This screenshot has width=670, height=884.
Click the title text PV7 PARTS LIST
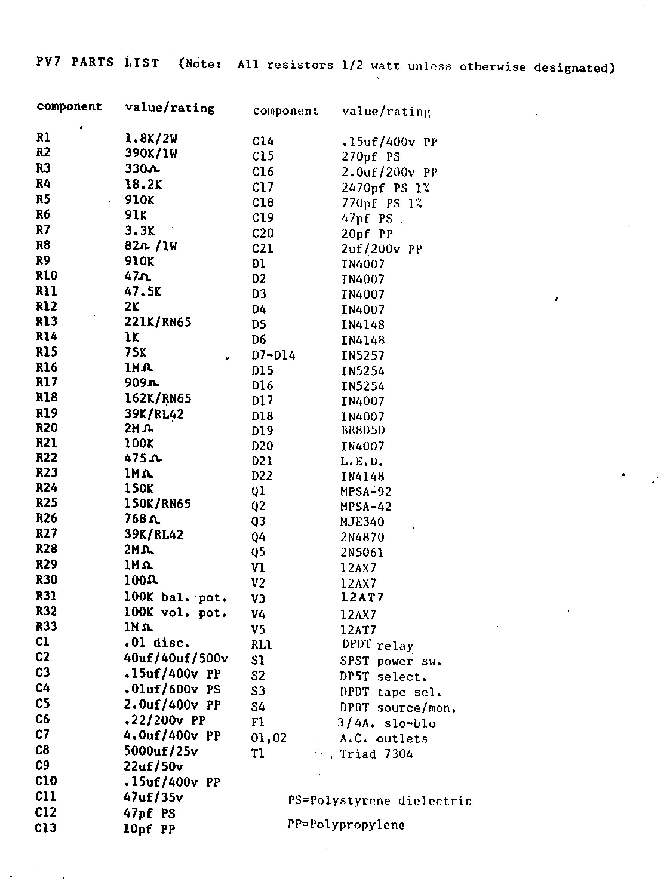pyautogui.click(x=97, y=62)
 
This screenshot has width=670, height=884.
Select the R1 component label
pyautogui.click(x=43, y=137)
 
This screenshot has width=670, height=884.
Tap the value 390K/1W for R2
pyautogui.click(x=150, y=153)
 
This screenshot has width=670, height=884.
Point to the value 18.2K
pyautogui.click(x=143, y=185)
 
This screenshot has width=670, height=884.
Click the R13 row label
pyautogui.click(x=46, y=321)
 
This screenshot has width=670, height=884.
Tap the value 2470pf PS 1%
pyautogui.click(x=385, y=188)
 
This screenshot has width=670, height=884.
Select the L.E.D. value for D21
pyautogui.click(x=362, y=462)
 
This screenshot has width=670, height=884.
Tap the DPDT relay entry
pyautogui.click(x=377, y=645)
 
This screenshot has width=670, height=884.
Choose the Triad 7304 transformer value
pyautogui.click(x=376, y=754)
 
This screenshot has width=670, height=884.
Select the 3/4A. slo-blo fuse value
pyautogui.click(x=386, y=723)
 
